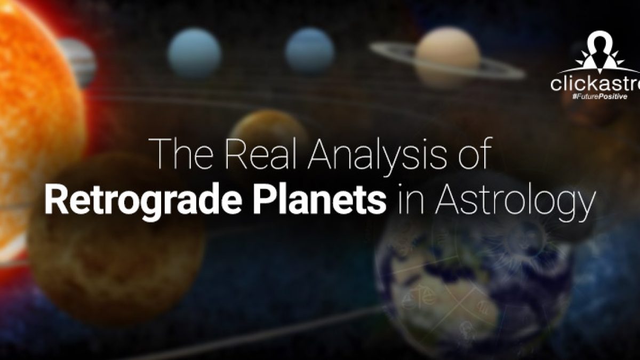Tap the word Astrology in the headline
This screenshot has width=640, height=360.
point(515,202)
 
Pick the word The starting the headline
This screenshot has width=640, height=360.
point(185,154)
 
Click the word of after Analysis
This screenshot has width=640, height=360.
point(475,153)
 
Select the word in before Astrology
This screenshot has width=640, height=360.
point(411,199)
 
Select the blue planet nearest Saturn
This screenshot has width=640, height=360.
point(310,51)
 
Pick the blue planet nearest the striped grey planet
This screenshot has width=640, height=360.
point(194,53)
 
